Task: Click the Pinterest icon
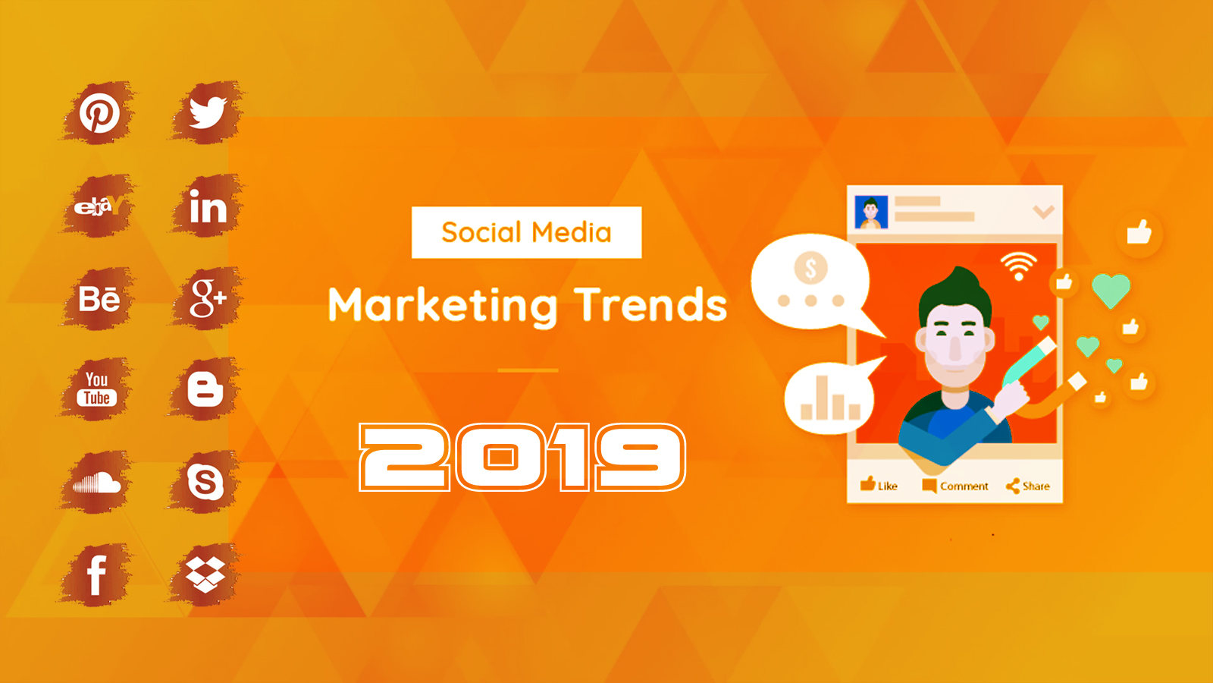(x=99, y=113)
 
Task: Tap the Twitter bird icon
(x=208, y=112)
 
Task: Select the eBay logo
(x=99, y=206)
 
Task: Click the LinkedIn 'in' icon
(x=208, y=206)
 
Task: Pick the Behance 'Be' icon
(x=99, y=298)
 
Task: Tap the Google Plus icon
(x=208, y=297)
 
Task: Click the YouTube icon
(x=97, y=389)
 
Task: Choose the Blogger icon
(x=205, y=389)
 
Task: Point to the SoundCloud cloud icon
(x=97, y=481)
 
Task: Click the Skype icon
(x=205, y=481)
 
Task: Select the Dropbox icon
(x=205, y=574)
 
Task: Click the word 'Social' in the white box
(x=481, y=232)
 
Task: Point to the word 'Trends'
(x=650, y=304)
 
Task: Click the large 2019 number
(x=522, y=457)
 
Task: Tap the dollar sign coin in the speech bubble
(x=810, y=268)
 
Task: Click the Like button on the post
(x=879, y=485)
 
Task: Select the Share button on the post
(x=1027, y=486)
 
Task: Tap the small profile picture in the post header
(x=871, y=212)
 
